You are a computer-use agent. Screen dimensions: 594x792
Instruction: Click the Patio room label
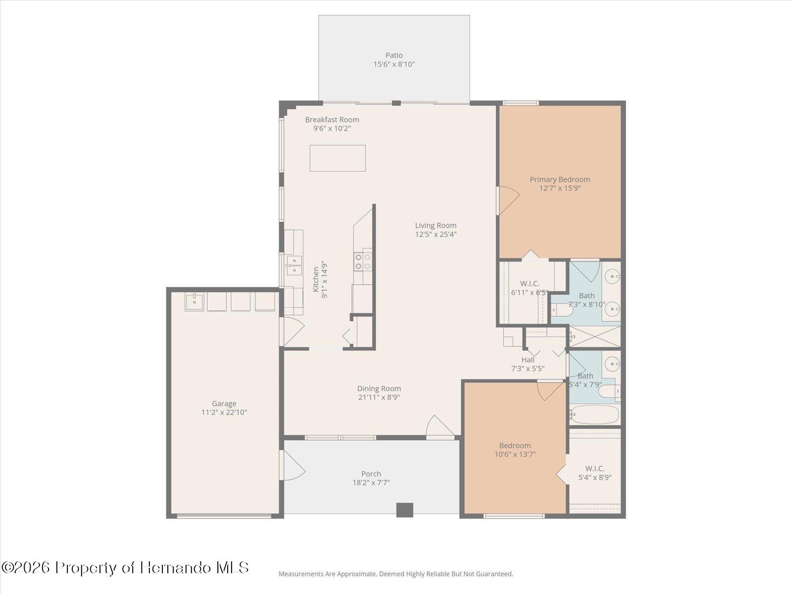(x=394, y=55)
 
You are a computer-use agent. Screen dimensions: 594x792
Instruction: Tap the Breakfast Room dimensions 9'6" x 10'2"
(x=332, y=129)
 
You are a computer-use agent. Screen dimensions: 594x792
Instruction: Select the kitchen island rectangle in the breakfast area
(x=338, y=158)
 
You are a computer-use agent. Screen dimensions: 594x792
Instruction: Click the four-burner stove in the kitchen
(x=363, y=261)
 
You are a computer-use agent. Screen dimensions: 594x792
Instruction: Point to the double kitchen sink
(x=294, y=265)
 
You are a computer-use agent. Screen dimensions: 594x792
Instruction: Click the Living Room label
(x=436, y=226)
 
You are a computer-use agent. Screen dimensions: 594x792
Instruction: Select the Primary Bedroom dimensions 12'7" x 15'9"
(x=560, y=188)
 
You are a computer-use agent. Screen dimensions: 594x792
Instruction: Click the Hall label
(x=528, y=360)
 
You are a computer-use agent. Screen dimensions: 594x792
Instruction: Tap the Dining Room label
(x=379, y=389)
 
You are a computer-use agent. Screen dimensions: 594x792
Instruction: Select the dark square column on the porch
(x=404, y=510)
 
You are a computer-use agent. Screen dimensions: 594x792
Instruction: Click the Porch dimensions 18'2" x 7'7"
(x=371, y=483)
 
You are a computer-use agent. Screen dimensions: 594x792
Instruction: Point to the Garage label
(x=224, y=403)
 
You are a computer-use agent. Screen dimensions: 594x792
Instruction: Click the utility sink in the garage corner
(x=195, y=301)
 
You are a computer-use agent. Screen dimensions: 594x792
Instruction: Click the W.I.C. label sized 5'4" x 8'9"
(x=594, y=468)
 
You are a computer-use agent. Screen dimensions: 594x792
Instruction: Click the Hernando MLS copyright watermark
(x=125, y=567)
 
